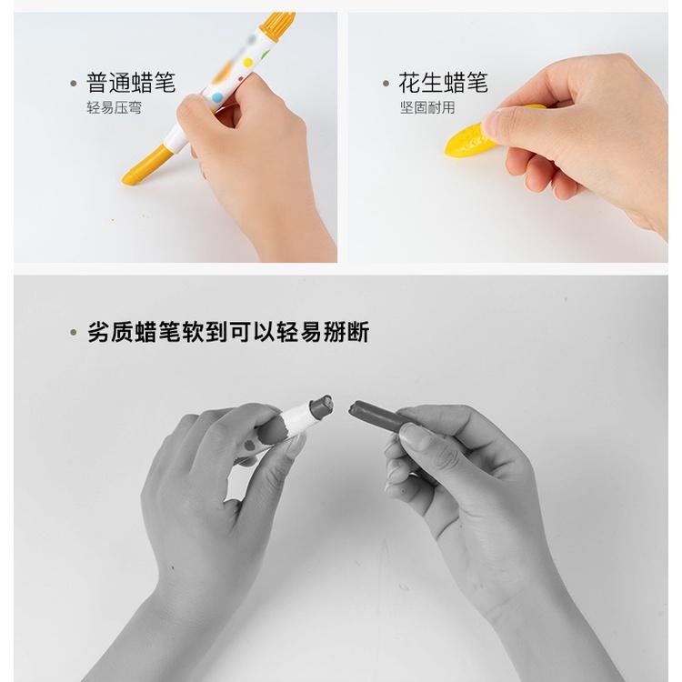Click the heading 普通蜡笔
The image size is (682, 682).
[131, 83]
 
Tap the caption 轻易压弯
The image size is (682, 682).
[114, 107]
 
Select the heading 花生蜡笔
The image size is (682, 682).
[443, 83]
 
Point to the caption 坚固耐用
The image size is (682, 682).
[426, 107]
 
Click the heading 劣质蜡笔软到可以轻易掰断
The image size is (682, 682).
[227, 332]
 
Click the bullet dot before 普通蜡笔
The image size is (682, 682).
[74, 84]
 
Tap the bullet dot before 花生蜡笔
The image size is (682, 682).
[386, 84]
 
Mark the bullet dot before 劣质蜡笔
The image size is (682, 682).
[74, 333]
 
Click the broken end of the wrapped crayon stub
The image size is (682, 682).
[322, 406]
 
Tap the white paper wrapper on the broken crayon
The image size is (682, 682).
[296, 419]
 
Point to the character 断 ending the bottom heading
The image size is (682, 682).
[358, 332]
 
